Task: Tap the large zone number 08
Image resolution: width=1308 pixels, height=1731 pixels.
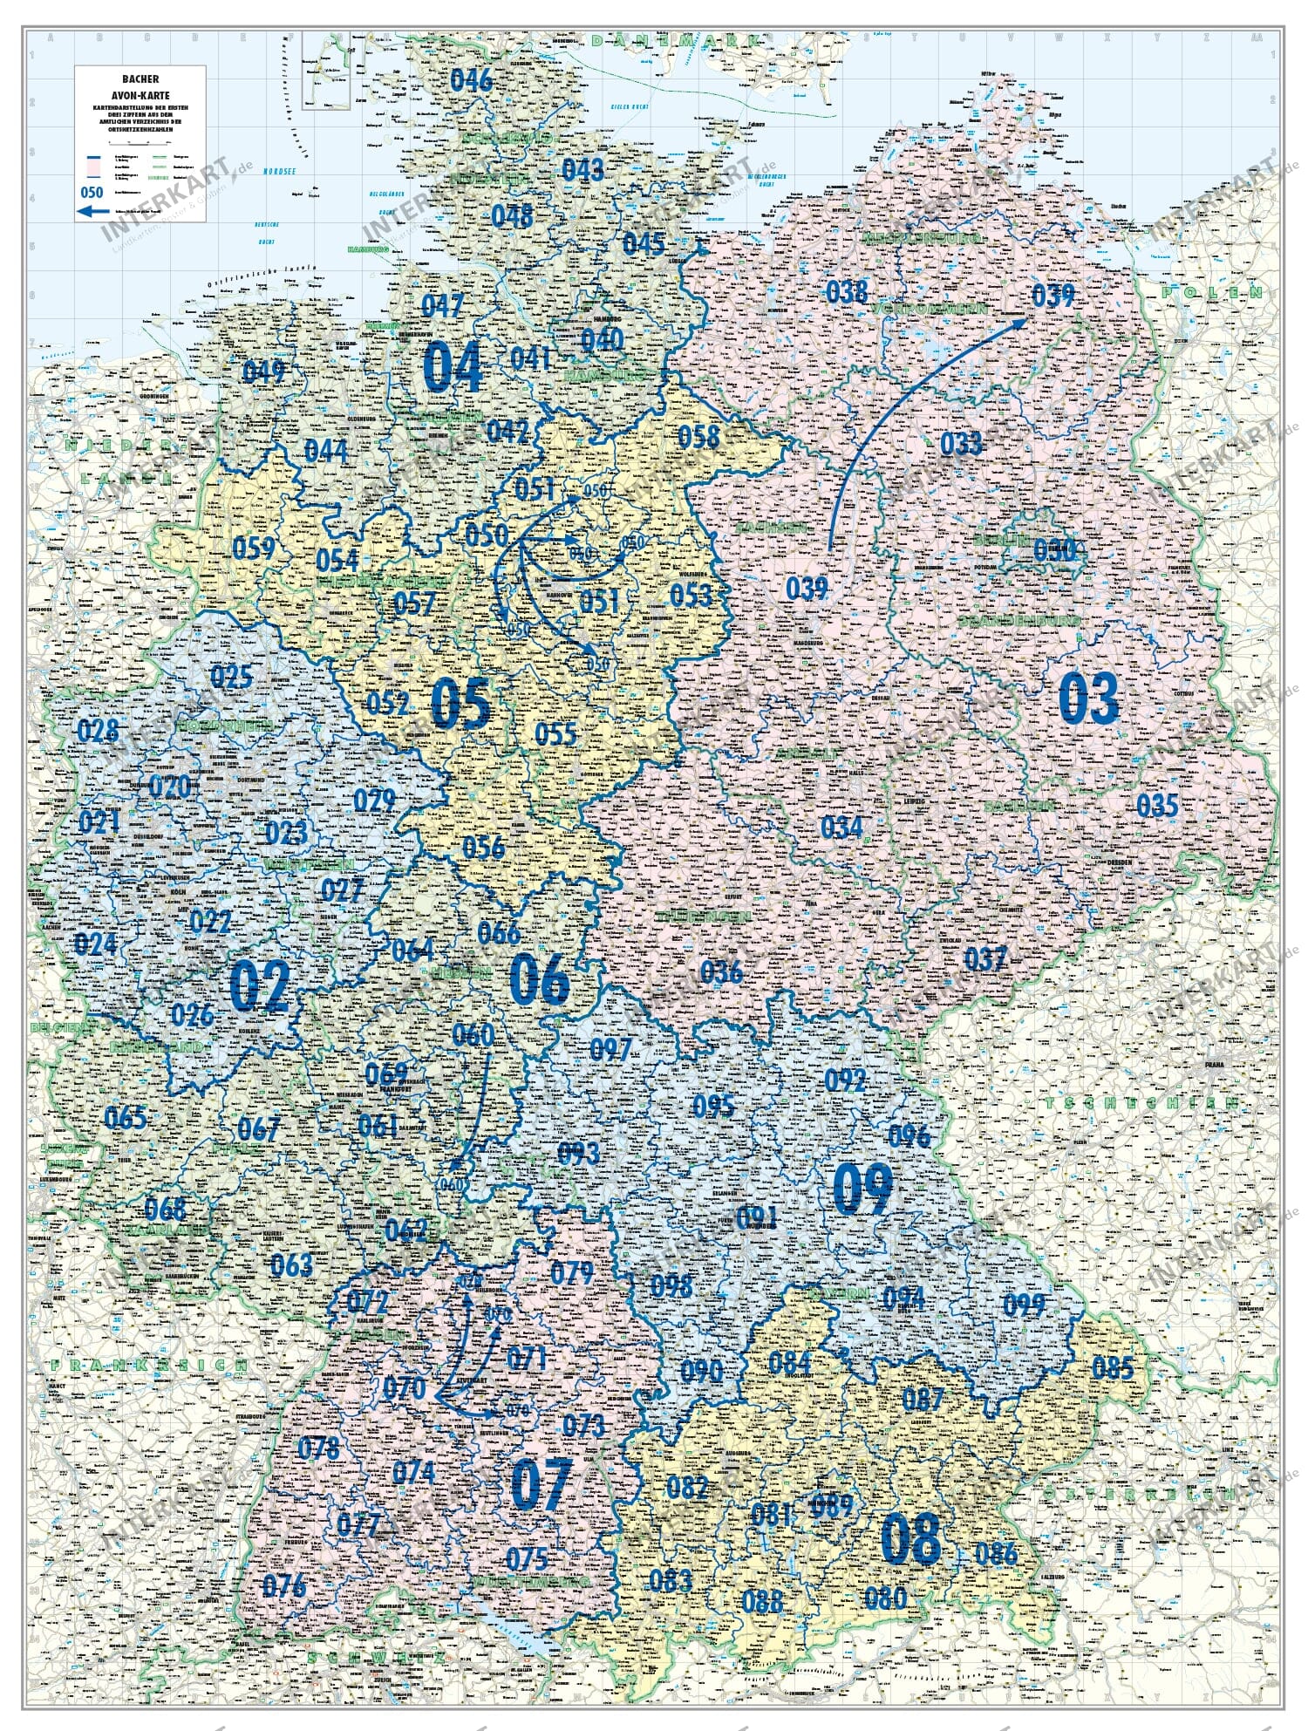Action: pyautogui.click(x=911, y=1539)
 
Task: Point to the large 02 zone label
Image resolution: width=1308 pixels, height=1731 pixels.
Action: pyautogui.click(x=259, y=985)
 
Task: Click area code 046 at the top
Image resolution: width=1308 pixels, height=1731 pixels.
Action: pyautogui.click(x=472, y=79)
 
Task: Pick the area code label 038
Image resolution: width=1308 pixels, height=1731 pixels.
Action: pyautogui.click(x=846, y=291)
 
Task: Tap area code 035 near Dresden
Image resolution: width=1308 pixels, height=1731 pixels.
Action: pyautogui.click(x=1157, y=805)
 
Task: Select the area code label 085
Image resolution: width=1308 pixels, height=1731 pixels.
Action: pyautogui.click(x=1113, y=1367)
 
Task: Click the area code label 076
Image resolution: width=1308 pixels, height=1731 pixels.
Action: pyautogui.click(x=284, y=1584)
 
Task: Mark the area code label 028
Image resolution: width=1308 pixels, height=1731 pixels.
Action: pyautogui.click(x=99, y=729)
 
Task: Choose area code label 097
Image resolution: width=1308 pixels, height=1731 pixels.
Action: pyautogui.click(x=610, y=1048)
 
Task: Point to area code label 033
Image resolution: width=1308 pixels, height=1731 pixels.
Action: pyautogui.click(x=960, y=443)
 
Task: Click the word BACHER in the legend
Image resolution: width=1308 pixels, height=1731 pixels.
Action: pyautogui.click(x=140, y=79)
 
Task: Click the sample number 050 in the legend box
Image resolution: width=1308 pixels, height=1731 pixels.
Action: pyautogui.click(x=92, y=192)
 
